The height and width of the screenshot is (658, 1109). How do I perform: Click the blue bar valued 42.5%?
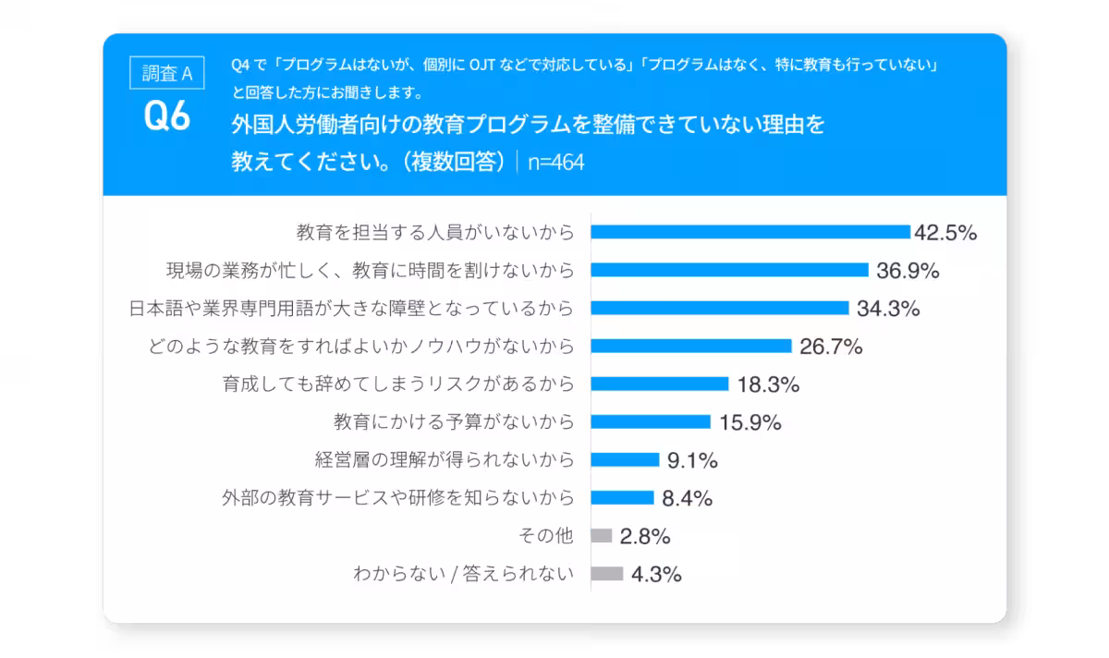click(750, 232)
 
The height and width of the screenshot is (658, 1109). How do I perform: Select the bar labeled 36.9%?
click(729, 270)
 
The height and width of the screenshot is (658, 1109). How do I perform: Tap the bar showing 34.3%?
click(719, 308)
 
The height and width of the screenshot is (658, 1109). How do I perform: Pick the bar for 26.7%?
click(690, 346)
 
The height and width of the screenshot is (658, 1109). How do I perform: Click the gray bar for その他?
click(602, 535)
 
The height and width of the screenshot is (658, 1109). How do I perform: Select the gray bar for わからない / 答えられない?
click(607, 573)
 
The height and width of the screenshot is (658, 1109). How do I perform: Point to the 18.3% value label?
click(768, 384)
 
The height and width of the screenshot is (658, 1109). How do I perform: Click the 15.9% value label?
click(749, 422)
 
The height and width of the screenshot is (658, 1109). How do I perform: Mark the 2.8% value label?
click(645, 536)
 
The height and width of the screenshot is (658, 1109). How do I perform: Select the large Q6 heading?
click(167, 117)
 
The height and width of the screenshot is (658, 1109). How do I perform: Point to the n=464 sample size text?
click(556, 162)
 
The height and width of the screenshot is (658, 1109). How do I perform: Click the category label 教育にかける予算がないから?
click(454, 422)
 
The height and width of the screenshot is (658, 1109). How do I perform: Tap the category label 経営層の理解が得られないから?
click(445, 460)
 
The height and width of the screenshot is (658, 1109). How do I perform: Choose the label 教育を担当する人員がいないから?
click(435, 232)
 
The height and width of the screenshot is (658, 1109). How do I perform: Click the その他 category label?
click(547, 536)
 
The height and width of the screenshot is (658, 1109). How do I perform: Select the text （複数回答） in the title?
click(453, 161)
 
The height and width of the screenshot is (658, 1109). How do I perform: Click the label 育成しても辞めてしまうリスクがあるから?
click(398, 384)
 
